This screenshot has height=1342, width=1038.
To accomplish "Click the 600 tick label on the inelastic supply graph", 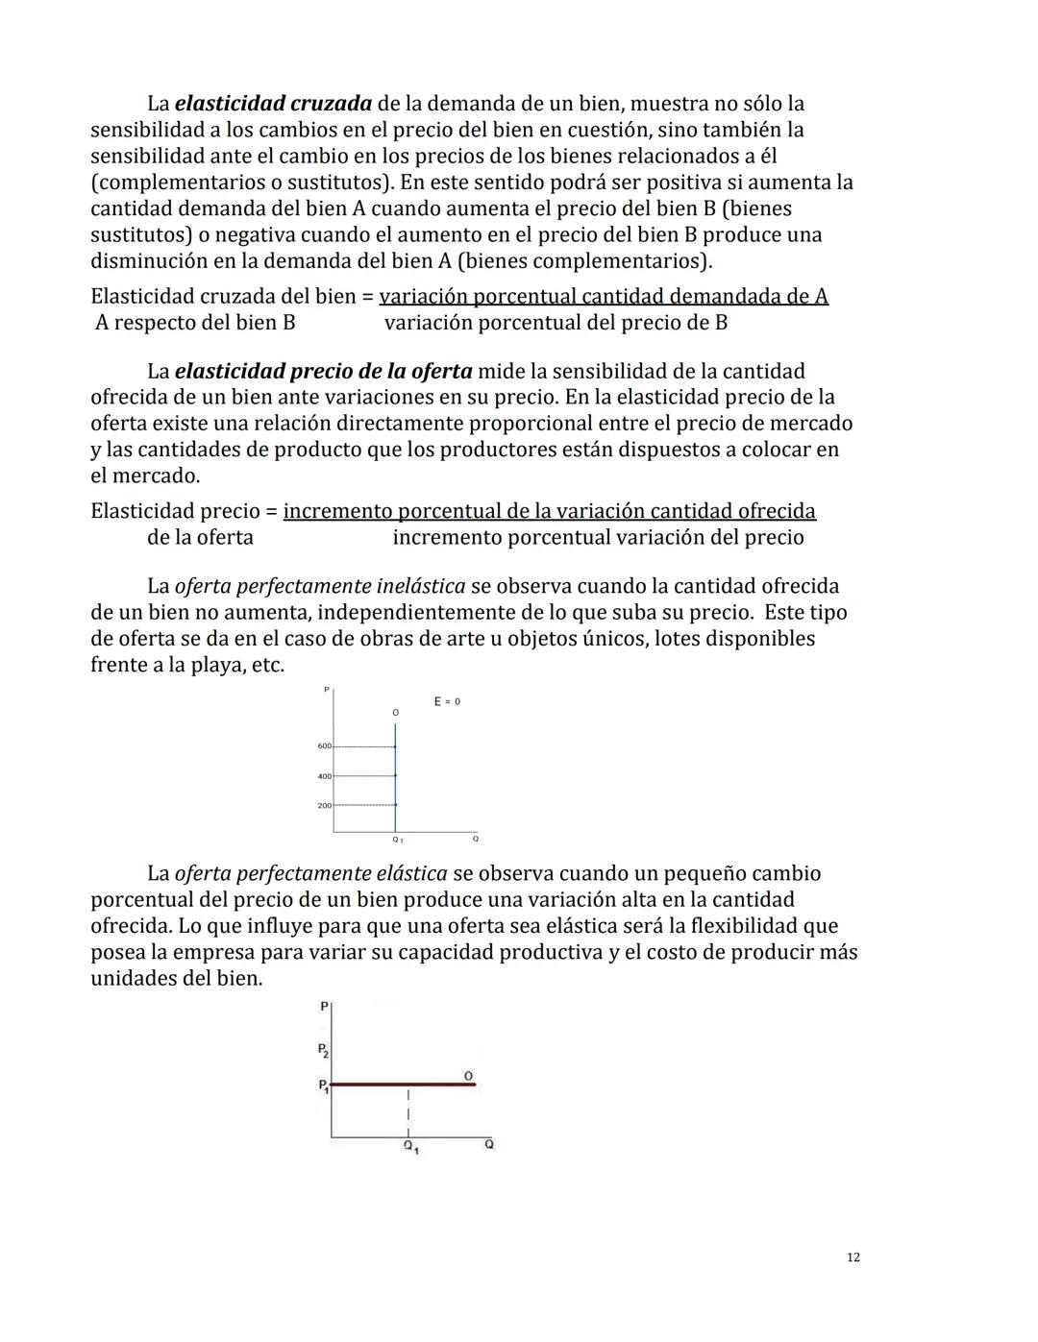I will tap(324, 746).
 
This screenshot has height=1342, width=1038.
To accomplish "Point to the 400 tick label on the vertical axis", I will tap(324, 776).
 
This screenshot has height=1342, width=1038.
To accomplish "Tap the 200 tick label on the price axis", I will tap(324, 805).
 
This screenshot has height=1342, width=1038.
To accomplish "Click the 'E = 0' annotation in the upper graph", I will tap(447, 701).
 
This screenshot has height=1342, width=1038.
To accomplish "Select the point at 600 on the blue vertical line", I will tap(395, 746).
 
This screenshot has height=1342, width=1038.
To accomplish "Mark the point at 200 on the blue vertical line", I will tap(395, 805).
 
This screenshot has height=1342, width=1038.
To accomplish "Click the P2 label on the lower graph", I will tap(324, 1050).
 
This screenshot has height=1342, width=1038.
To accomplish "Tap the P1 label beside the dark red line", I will tap(324, 1086).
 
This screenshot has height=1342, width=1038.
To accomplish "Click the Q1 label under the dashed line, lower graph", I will tap(410, 1147).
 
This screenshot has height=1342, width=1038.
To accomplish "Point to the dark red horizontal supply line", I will tap(404, 1085).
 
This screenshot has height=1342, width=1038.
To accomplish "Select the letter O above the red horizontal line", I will tap(468, 1076).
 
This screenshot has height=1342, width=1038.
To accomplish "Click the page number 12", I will tap(853, 1257).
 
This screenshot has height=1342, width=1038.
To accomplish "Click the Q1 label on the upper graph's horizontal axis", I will tap(397, 840).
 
